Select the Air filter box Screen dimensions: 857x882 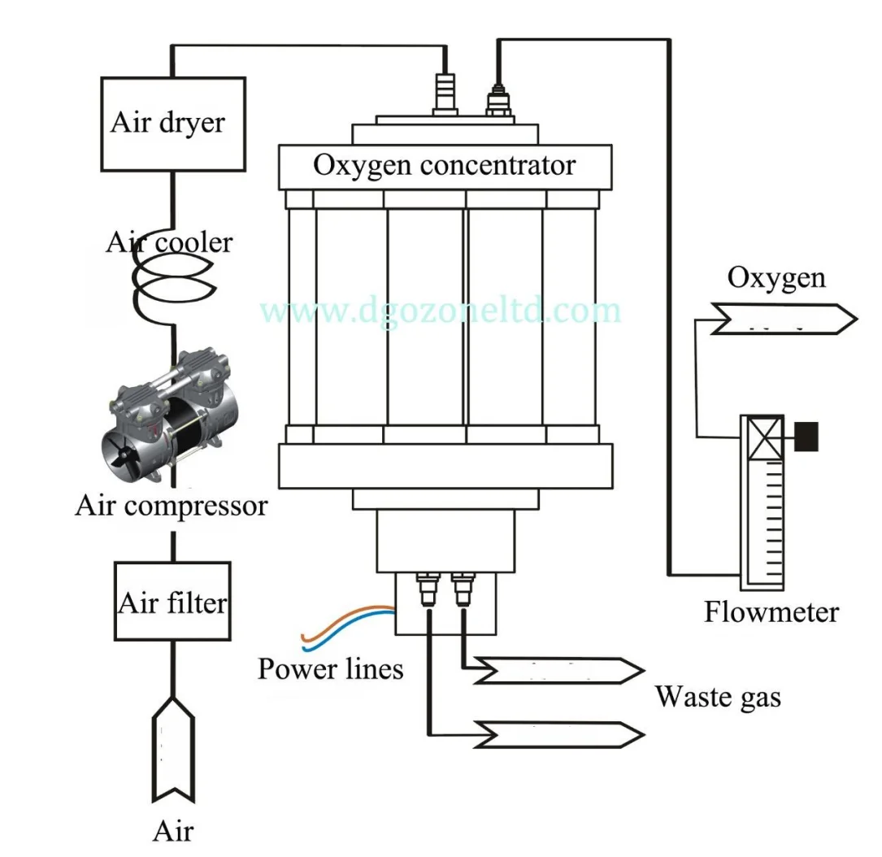coord(172,601)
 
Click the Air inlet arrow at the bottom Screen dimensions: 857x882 coord(172,748)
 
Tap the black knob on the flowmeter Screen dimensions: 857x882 coord(806,436)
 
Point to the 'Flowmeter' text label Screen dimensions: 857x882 coord(771,611)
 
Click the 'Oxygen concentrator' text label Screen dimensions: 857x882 coord(444,165)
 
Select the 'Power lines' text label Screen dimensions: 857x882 coord(330,668)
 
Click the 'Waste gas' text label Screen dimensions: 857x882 coord(718,696)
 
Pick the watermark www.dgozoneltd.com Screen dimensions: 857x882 coord(441,310)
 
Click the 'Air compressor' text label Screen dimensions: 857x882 coord(171,505)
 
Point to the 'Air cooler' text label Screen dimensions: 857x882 coord(169,241)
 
